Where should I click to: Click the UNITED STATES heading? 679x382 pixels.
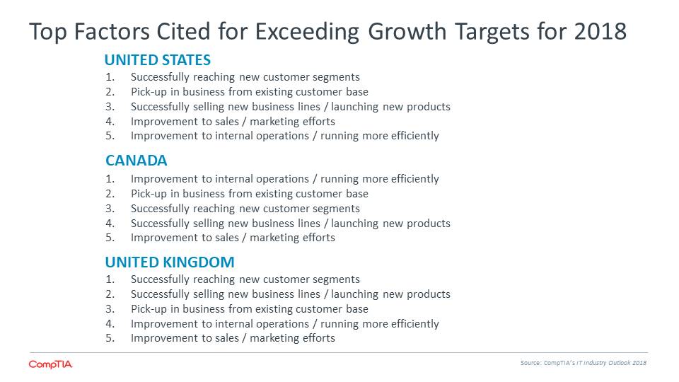(158, 59)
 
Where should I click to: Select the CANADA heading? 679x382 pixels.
(137, 161)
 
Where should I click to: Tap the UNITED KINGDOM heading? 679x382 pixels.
(170, 262)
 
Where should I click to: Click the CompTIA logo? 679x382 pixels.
(51, 364)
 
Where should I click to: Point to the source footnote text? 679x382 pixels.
(584, 363)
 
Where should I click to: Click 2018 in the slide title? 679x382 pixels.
(600, 31)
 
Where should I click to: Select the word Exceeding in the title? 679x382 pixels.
(307, 32)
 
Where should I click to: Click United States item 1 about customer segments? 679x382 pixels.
(245, 77)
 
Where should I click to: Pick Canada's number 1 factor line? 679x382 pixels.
(285, 179)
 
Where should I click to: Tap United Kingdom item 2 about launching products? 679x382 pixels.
(291, 294)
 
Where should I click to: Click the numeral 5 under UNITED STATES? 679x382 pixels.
(110, 136)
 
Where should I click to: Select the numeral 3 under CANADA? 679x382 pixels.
(110, 209)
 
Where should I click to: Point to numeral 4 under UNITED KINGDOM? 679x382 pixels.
(110, 324)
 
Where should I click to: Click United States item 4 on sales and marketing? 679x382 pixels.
(233, 122)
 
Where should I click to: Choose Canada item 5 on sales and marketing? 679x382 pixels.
(233, 238)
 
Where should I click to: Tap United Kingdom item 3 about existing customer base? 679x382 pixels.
(250, 309)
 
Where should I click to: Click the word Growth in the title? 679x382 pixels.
(407, 31)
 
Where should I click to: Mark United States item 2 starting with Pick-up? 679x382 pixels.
(250, 92)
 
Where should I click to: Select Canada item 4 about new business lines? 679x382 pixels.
(291, 224)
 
